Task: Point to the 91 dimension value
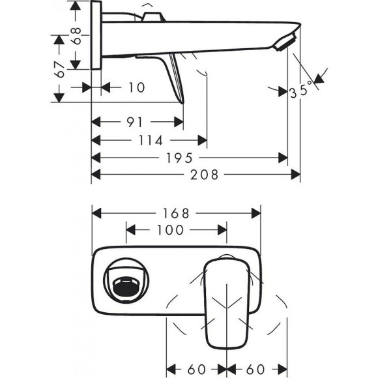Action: pyautogui.click(x=136, y=122)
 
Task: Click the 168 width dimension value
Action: pyautogui.click(x=175, y=213)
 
